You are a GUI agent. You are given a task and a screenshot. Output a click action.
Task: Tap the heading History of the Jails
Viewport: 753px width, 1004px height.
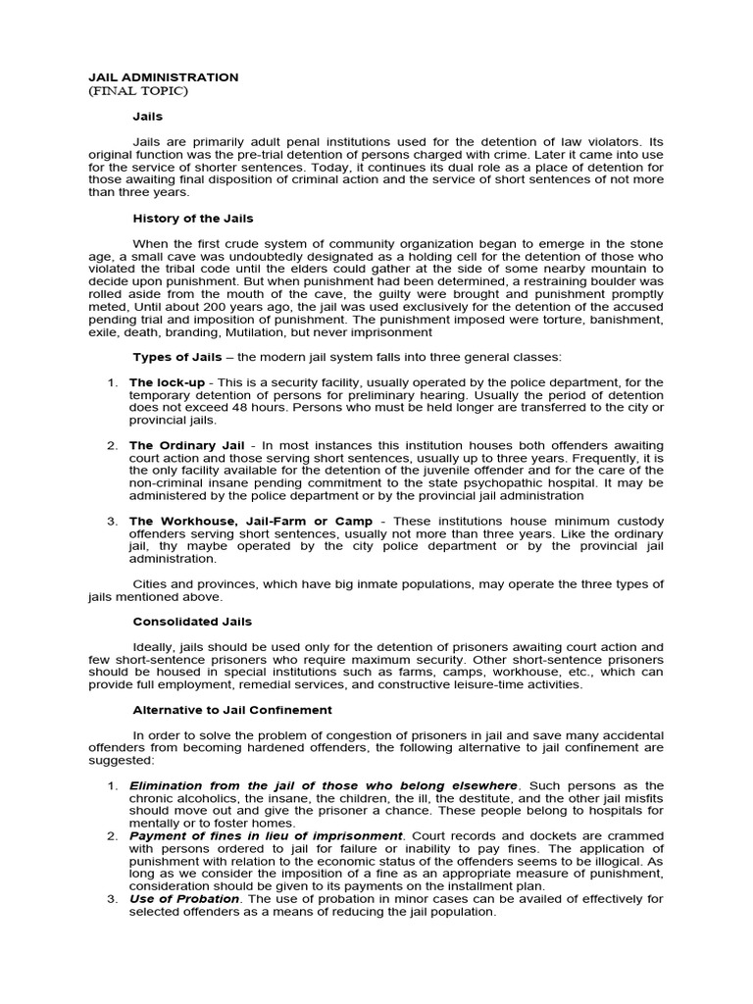pyautogui.click(x=193, y=218)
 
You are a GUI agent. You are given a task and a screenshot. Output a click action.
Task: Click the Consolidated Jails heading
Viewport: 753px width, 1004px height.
pyautogui.click(x=192, y=622)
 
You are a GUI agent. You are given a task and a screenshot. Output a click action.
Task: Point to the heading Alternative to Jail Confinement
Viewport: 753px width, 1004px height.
pyautogui.click(x=232, y=710)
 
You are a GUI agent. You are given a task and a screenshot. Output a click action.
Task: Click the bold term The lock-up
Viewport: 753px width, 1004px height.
pyautogui.click(x=159, y=382)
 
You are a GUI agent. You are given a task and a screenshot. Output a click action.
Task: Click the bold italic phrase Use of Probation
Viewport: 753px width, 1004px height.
pyautogui.click(x=184, y=899)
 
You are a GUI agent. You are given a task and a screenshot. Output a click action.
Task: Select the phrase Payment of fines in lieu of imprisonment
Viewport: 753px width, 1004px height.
pyautogui.click(x=266, y=836)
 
